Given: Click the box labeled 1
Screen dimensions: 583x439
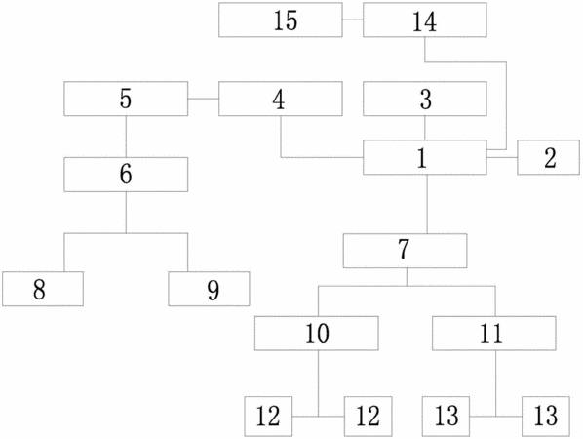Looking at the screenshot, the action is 425,157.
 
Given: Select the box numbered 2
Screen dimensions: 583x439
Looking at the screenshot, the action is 548,157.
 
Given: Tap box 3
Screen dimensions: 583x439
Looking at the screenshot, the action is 425,99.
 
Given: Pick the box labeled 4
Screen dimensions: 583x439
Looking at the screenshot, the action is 281,99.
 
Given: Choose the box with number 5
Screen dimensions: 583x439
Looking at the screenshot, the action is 126,99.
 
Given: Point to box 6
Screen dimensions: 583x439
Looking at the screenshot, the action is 126,175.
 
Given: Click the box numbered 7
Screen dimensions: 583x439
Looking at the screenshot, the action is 405,251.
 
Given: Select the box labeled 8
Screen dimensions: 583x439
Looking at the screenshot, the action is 43,289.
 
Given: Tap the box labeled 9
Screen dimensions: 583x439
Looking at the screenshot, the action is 209,289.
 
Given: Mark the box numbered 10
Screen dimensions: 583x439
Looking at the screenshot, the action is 317,334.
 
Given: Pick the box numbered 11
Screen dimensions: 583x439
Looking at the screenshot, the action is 493,334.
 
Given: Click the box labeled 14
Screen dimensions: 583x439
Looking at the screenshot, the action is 425,20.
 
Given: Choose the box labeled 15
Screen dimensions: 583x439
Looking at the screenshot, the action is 281,20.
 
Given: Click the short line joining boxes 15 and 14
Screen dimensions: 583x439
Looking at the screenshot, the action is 353,20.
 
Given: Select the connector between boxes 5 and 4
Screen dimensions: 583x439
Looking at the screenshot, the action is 204,99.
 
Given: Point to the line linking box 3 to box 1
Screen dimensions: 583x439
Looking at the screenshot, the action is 425,128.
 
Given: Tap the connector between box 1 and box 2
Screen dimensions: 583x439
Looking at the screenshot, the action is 502,157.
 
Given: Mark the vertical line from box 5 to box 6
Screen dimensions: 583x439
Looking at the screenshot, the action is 126,137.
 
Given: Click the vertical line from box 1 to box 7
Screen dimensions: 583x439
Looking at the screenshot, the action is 426,204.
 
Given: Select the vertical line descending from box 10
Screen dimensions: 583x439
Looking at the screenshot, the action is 318,383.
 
